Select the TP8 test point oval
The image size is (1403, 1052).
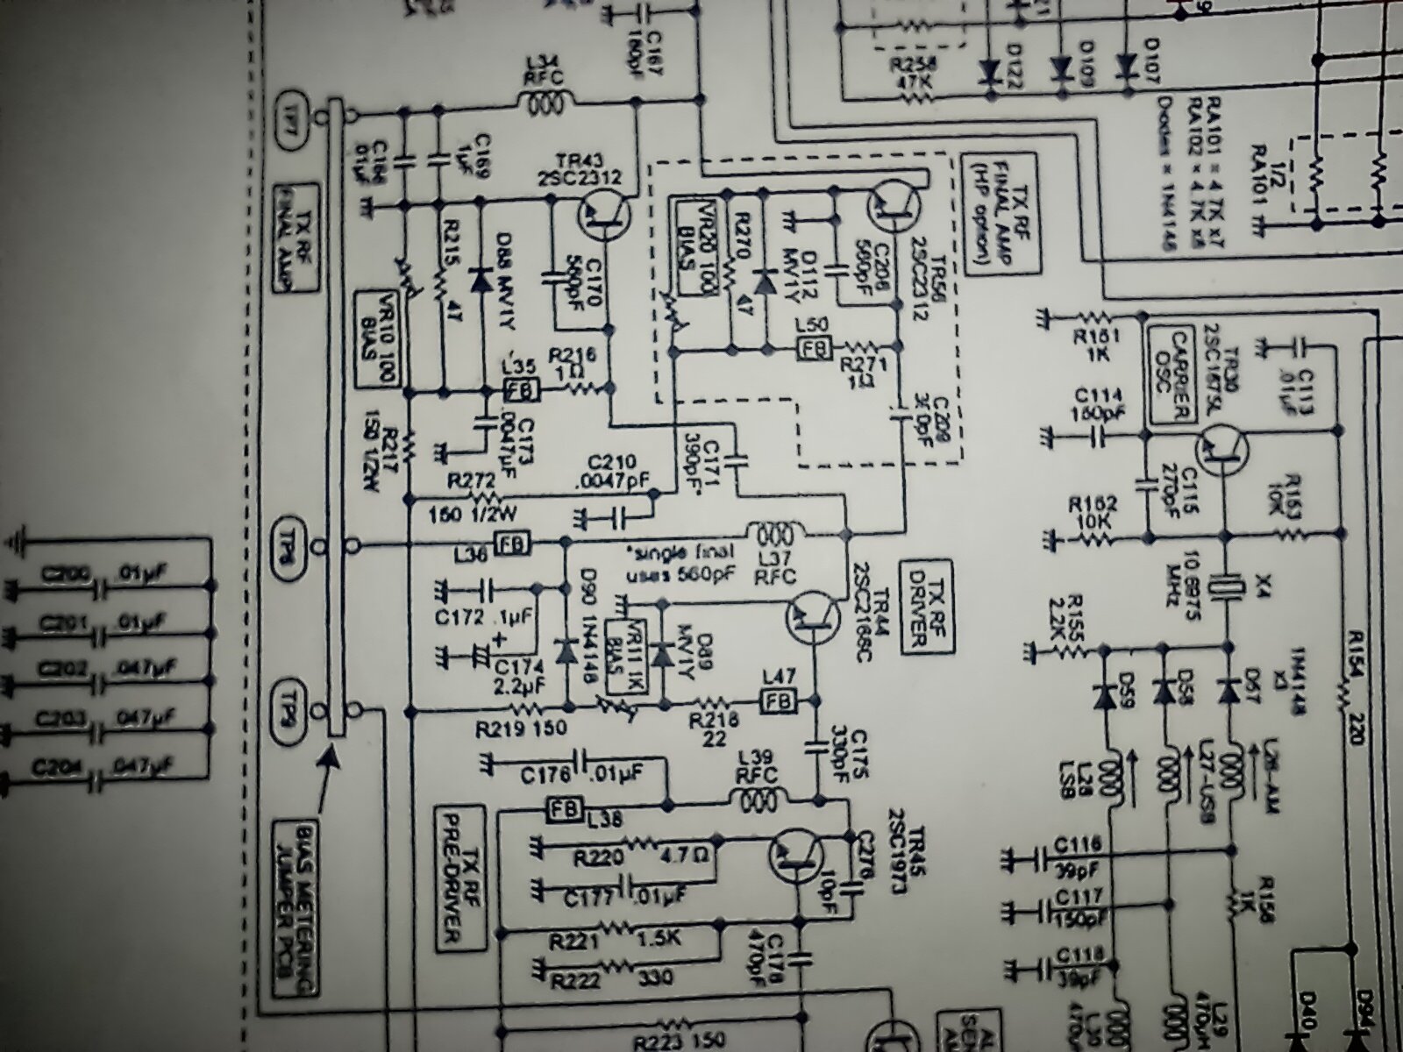click(x=291, y=535)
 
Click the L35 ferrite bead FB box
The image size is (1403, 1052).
click(x=521, y=387)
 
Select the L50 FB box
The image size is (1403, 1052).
click(x=811, y=349)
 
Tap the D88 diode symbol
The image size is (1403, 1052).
click(x=480, y=280)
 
